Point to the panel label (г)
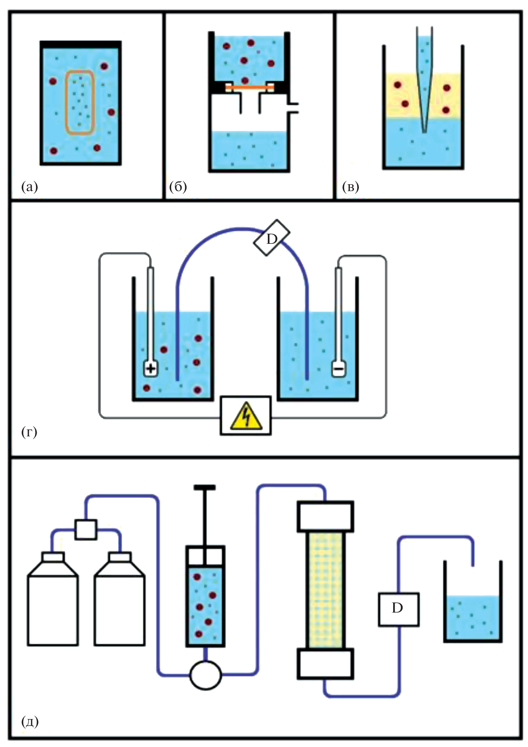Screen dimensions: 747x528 coord(29,432)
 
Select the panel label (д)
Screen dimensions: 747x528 coord(30,721)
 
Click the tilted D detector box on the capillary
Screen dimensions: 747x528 coord(272,238)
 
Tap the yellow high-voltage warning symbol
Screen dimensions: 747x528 coord(246,416)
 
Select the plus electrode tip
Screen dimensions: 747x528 coord(151,369)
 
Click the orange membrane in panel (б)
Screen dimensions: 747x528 coord(250,87)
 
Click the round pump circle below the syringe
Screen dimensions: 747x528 coord(205,675)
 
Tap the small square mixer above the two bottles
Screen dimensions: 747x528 coord(86,530)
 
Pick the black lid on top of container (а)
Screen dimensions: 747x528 coord(80,44)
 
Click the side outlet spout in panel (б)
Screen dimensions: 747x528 coord(293,108)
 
